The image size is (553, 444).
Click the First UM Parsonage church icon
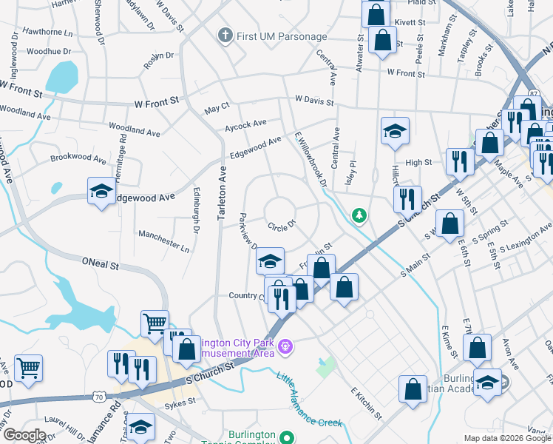225,36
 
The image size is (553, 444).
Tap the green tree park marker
359,215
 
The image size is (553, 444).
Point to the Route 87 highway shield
534,93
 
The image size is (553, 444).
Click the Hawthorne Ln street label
48,33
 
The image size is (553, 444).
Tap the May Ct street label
217,110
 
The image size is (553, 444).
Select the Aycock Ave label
245,124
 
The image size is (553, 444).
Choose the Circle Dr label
282,224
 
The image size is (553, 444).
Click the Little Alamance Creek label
310,401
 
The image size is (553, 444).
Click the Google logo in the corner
24,435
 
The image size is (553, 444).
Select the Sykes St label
180,402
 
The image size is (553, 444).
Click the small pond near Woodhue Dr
62,75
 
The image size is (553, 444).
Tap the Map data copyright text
507,438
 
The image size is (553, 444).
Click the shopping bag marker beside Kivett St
376,14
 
